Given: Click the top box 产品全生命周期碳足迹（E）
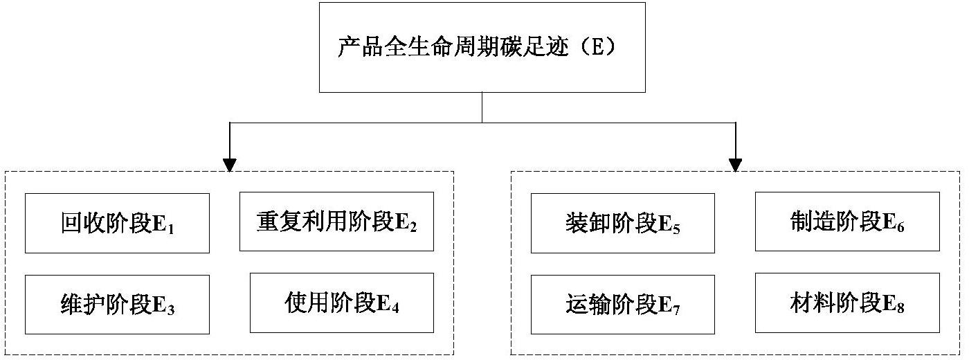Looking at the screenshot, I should coord(482,47).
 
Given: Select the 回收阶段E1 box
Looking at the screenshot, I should coord(117,223).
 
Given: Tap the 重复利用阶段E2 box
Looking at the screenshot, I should coord(336,222).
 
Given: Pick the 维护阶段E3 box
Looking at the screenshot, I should coord(117,305).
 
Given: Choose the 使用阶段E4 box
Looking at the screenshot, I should coord(341,303).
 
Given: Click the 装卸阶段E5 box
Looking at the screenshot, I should coord(622,223).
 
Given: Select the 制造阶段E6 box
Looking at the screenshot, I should coord(847,222).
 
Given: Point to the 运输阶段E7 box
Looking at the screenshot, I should coord(622,305).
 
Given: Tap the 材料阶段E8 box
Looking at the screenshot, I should coord(847,303).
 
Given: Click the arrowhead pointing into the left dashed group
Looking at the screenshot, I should coord(230,165).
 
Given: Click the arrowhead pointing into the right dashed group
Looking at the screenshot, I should coord(735,165).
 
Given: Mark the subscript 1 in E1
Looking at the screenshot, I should coord(170,229).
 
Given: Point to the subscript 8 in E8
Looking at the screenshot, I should coord(900,308).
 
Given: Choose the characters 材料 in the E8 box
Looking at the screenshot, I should coord(805,303).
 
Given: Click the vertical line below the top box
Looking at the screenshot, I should coord(482,107).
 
